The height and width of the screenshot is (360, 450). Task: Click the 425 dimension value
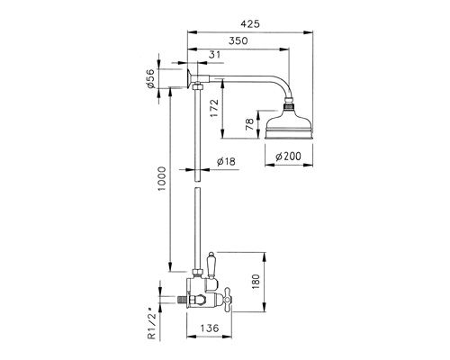coord(250,23)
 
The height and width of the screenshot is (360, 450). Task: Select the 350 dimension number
coord(238,40)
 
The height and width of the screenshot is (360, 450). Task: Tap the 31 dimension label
coord(214,55)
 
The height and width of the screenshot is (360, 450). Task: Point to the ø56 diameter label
coord(150,78)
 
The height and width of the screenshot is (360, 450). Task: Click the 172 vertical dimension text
coord(214,109)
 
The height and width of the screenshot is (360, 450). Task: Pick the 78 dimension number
coord(249,124)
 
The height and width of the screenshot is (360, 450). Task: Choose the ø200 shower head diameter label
coord(288,156)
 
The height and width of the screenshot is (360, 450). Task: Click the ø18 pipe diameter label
coord(226,162)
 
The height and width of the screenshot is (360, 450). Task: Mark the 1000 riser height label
coord(162,179)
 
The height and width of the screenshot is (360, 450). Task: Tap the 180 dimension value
coord(256,281)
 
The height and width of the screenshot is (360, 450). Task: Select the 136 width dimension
coord(209,328)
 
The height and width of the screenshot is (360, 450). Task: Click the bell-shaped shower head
coord(289,123)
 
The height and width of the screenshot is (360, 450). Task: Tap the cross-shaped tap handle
coord(227,298)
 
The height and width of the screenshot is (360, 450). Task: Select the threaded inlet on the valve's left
coord(183,299)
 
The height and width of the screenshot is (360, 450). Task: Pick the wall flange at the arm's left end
coord(189,78)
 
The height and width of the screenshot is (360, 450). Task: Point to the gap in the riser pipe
coord(197,184)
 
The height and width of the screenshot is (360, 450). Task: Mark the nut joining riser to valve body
coord(197,274)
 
